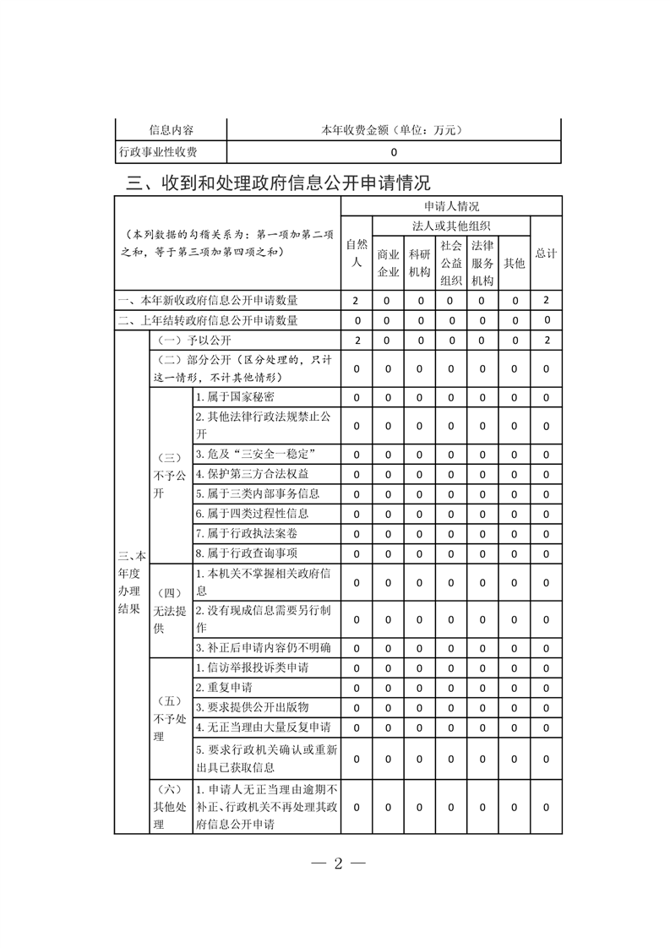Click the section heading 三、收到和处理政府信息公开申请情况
pos(278,183)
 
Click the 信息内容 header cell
pos(171,130)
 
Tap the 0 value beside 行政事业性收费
pos(394,153)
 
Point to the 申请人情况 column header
pos(451,206)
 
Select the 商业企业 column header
pos(388,263)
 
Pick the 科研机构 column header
pos(419,263)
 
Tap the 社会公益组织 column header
pos(450,263)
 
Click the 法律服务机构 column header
pos(482,263)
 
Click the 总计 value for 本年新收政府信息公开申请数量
pos(547,300)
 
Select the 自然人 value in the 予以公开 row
pos(356,340)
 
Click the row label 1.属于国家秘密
pos(235,397)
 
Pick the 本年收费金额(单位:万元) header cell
pos(394,130)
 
